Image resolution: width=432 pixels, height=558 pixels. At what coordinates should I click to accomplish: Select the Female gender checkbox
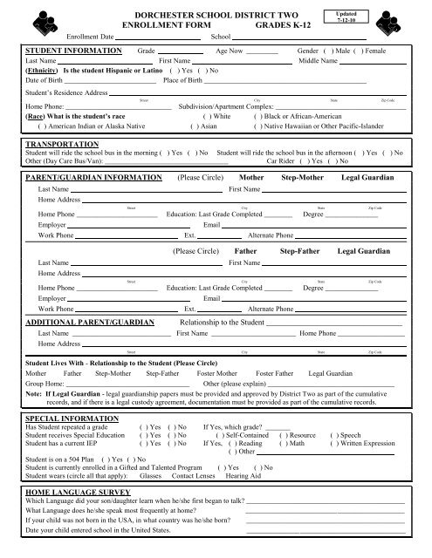tap(360, 51)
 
